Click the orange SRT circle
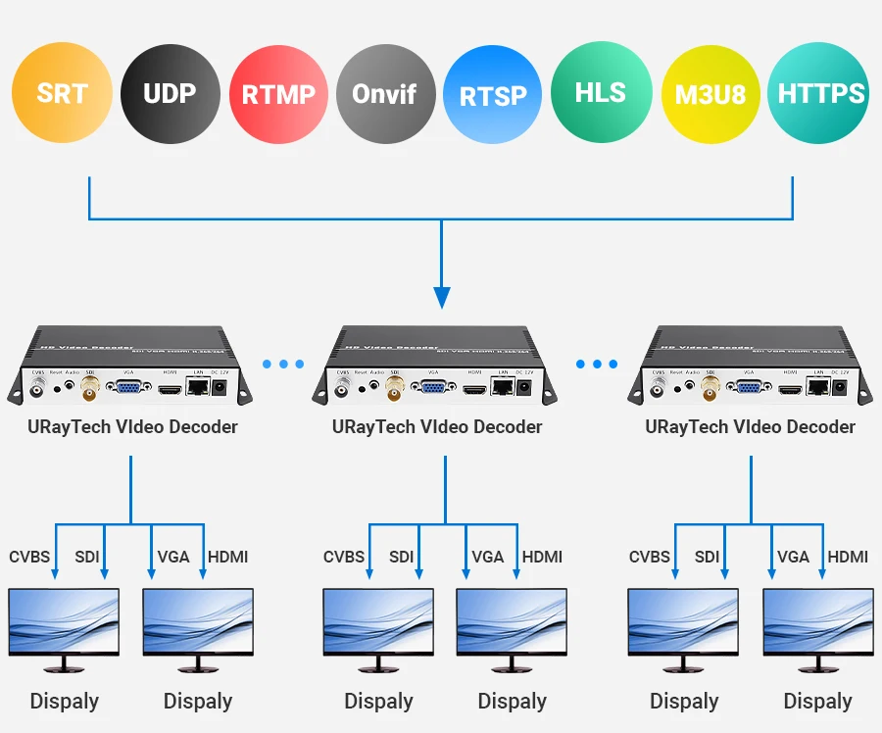click(x=62, y=94)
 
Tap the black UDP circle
click(x=170, y=94)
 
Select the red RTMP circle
click(x=278, y=95)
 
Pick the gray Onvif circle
click(x=385, y=95)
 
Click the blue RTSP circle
click(x=493, y=95)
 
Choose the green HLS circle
click(x=601, y=94)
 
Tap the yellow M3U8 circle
click(x=710, y=95)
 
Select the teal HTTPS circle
click(x=819, y=94)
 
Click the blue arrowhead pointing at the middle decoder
click(x=442, y=296)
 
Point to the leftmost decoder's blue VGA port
click(x=127, y=389)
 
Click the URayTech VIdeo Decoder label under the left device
click(x=132, y=427)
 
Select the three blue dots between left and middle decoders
click(x=283, y=365)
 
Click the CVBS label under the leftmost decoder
click(x=29, y=557)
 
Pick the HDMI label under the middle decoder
click(x=542, y=557)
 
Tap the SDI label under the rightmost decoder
click(x=707, y=557)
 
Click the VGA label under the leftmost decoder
click(x=173, y=557)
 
